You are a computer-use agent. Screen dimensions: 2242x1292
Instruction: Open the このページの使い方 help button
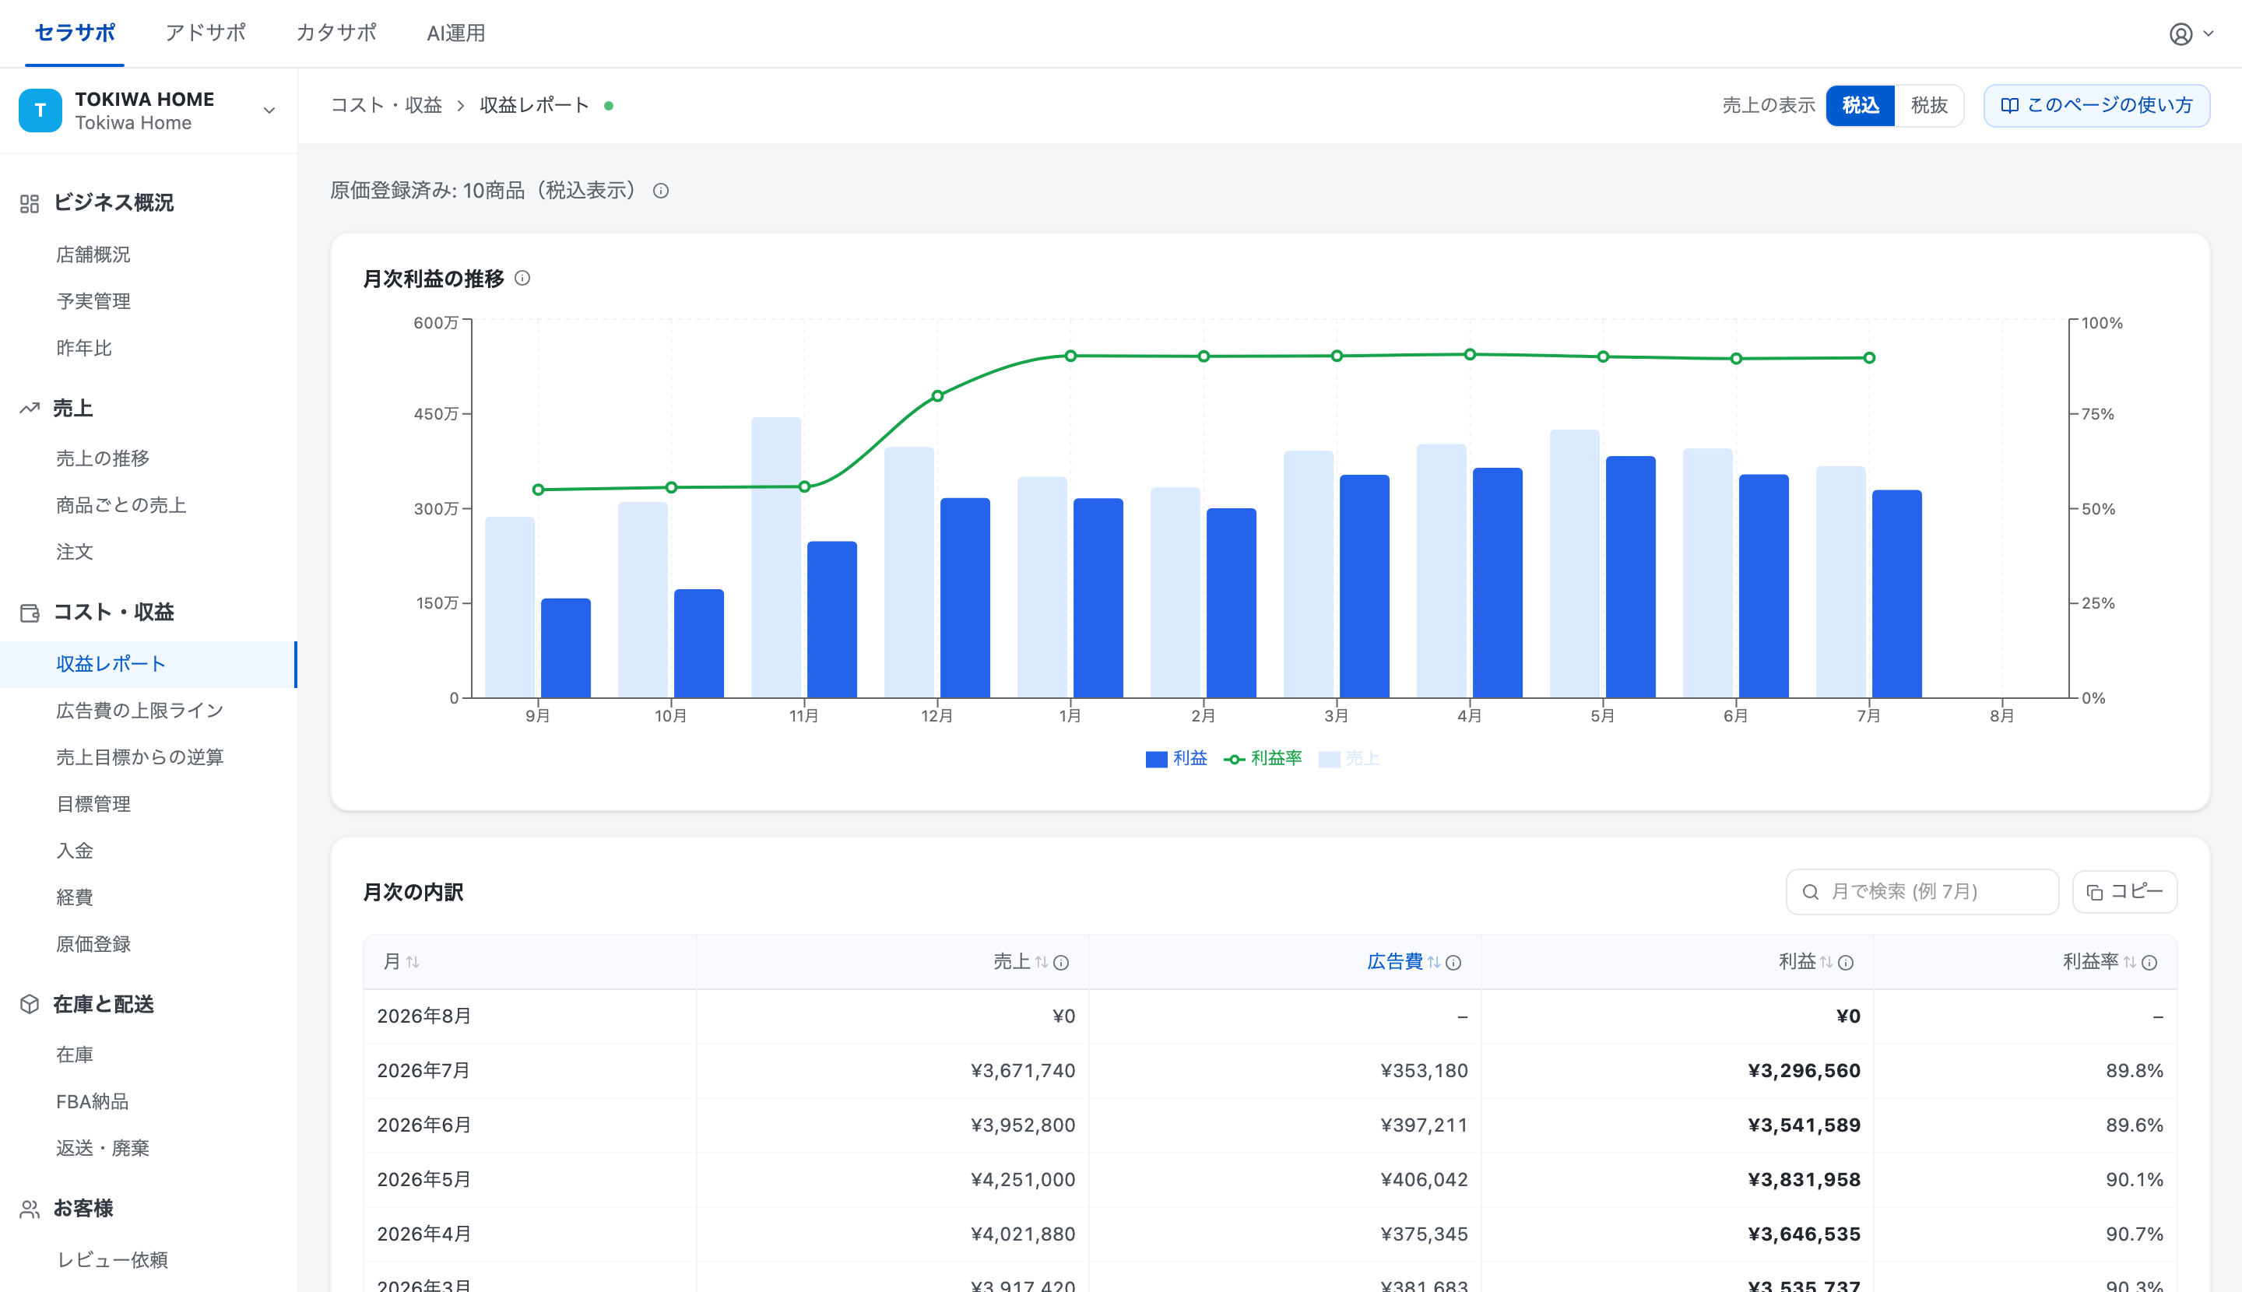[x=2096, y=106]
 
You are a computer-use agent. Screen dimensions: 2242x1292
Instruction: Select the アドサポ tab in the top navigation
[x=205, y=33]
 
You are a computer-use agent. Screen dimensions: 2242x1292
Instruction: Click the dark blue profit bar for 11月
[x=831, y=620]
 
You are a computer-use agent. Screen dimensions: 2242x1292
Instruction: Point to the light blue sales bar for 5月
[x=1575, y=563]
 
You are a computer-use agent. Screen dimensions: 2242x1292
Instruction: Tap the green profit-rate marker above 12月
[x=937, y=395]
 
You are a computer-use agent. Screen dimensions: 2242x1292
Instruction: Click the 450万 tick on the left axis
[x=437, y=414]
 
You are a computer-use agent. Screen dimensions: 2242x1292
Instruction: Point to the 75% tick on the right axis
[x=2097, y=414]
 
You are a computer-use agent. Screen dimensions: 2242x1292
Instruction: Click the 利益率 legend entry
[x=1263, y=759]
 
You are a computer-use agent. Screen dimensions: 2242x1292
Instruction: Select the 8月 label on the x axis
[x=2001, y=716]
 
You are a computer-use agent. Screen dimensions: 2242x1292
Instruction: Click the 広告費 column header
[x=1394, y=962]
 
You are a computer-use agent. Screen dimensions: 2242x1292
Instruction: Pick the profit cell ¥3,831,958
[x=1804, y=1179]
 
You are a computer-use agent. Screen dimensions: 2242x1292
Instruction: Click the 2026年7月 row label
[x=424, y=1070]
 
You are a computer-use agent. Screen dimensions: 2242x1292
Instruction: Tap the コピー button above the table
[x=2124, y=892]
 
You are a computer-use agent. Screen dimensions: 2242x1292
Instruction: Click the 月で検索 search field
[x=1921, y=892]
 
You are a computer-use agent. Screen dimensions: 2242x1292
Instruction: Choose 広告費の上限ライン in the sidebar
[x=140, y=711]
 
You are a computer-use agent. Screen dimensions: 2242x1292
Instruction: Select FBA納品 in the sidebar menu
[x=93, y=1101]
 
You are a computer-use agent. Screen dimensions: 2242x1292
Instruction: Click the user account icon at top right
[x=2181, y=33]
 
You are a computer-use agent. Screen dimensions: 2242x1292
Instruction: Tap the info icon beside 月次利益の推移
[x=523, y=279]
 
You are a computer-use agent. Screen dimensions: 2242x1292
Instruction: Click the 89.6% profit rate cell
[x=2134, y=1125]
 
